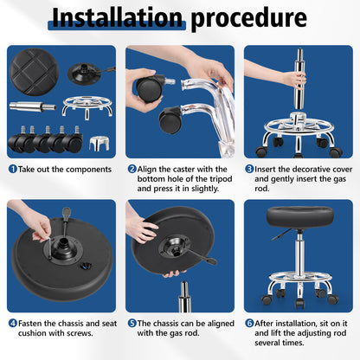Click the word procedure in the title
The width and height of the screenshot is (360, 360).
[x=249, y=19]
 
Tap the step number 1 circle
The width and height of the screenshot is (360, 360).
[x=12, y=168]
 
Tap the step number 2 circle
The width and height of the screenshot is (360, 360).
[x=132, y=168]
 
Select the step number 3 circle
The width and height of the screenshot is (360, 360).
[x=249, y=168]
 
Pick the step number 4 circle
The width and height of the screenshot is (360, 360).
[x=12, y=322]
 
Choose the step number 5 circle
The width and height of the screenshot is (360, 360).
[x=132, y=322]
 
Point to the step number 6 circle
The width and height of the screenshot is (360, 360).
[x=249, y=322]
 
